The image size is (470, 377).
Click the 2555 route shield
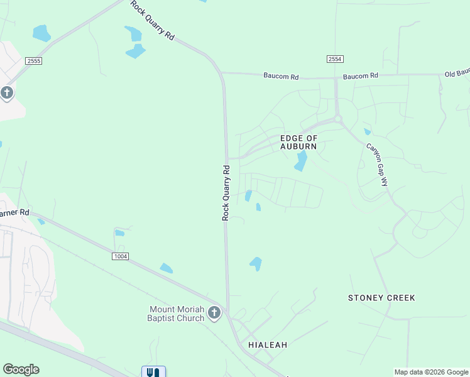click(x=34, y=61)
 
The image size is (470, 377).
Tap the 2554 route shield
click(x=335, y=58)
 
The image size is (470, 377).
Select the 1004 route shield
click(x=121, y=256)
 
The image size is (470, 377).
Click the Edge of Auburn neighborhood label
click(x=298, y=142)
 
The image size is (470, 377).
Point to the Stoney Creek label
click(x=381, y=298)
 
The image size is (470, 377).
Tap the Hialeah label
click(x=268, y=345)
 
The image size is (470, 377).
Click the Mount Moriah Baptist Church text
click(x=177, y=314)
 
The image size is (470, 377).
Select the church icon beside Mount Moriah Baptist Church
click(x=214, y=313)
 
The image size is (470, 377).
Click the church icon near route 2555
click(x=7, y=94)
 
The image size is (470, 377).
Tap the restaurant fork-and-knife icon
click(x=153, y=372)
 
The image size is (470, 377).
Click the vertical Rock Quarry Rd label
click(x=226, y=192)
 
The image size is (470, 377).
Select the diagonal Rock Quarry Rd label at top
click(x=152, y=21)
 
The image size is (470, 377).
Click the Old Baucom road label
click(x=457, y=74)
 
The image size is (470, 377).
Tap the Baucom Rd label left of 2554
click(x=281, y=77)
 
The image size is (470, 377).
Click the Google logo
click(x=21, y=369)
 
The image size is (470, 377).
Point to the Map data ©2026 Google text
click(x=431, y=372)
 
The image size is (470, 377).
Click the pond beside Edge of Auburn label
click(x=301, y=160)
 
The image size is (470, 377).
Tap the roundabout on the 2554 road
click(x=337, y=118)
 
